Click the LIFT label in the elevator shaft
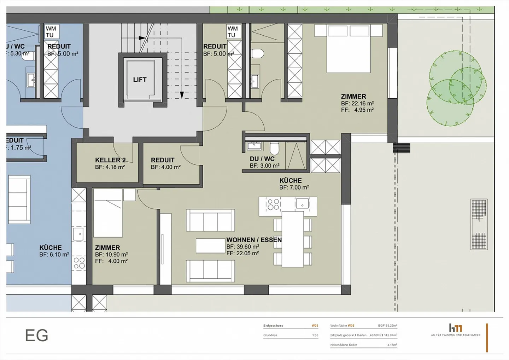[140, 80]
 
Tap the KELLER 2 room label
[110, 160]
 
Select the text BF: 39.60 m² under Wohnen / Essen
[243, 247]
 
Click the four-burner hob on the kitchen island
[273, 204]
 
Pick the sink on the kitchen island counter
[303, 204]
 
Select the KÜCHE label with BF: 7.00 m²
[291, 180]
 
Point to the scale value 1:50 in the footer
[315, 335]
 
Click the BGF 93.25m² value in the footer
[387, 326]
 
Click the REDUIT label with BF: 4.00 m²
[163, 160]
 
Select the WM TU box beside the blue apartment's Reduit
[51, 32]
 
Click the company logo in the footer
[456, 328]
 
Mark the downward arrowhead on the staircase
[182, 95]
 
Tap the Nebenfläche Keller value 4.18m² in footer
[392, 345]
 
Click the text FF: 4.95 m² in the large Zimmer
[357, 110]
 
